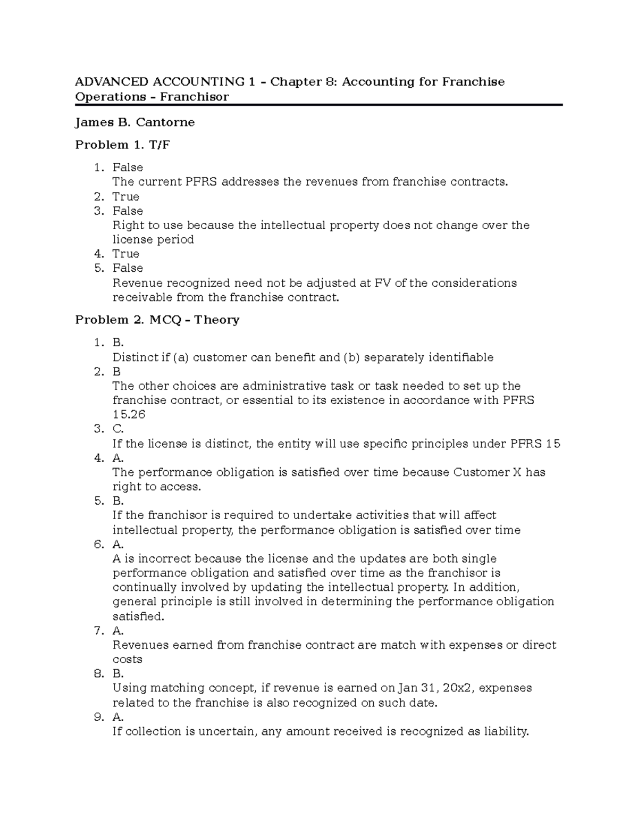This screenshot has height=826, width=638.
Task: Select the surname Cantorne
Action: click(x=165, y=122)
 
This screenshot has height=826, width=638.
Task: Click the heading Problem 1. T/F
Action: click(x=123, y=145)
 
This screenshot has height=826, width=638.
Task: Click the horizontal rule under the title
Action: click(x=319, y=105)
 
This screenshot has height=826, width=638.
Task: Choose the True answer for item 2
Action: click(x=125, y=196)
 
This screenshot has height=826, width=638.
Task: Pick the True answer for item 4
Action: click(x=125, y=254)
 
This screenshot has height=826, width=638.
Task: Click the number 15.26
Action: click(x=129, y=414)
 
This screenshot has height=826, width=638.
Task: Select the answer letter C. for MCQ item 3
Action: click(x=118, y=429)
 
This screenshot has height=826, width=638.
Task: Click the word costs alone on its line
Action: click(x=127, y=660)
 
